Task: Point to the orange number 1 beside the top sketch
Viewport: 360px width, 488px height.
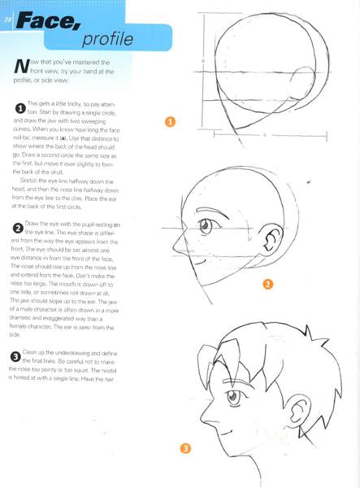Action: coord(170,123)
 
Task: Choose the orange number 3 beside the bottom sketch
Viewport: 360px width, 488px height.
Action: coord(186,447)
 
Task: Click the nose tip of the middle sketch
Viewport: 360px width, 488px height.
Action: coord(176,245)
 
